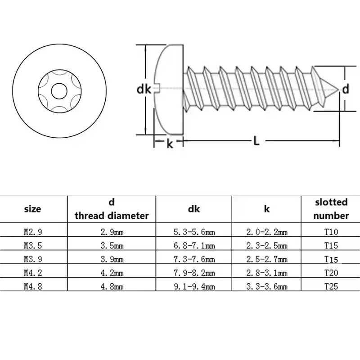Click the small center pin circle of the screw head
coord(59,91)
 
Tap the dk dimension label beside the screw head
coord(144,89)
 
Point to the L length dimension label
coord(256,141)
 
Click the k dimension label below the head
coord(170,144)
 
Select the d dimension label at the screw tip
coord(346,89)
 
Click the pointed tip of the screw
coord(339,90)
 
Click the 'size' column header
coord(32,209)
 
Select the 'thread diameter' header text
coord(112,216)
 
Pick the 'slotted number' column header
coord(331,209)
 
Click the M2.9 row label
coord(33,232)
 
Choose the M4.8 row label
coord(33,286)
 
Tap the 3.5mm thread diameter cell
coord(112,246)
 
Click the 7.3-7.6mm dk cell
coord(194,259)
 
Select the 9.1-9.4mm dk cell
coord(194,286)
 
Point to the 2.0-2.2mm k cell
coord(267,232)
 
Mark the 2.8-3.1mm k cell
coord(267,273)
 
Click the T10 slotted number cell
coord(331,232)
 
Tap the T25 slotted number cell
coord(331,286)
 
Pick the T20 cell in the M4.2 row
coord(331,273)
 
